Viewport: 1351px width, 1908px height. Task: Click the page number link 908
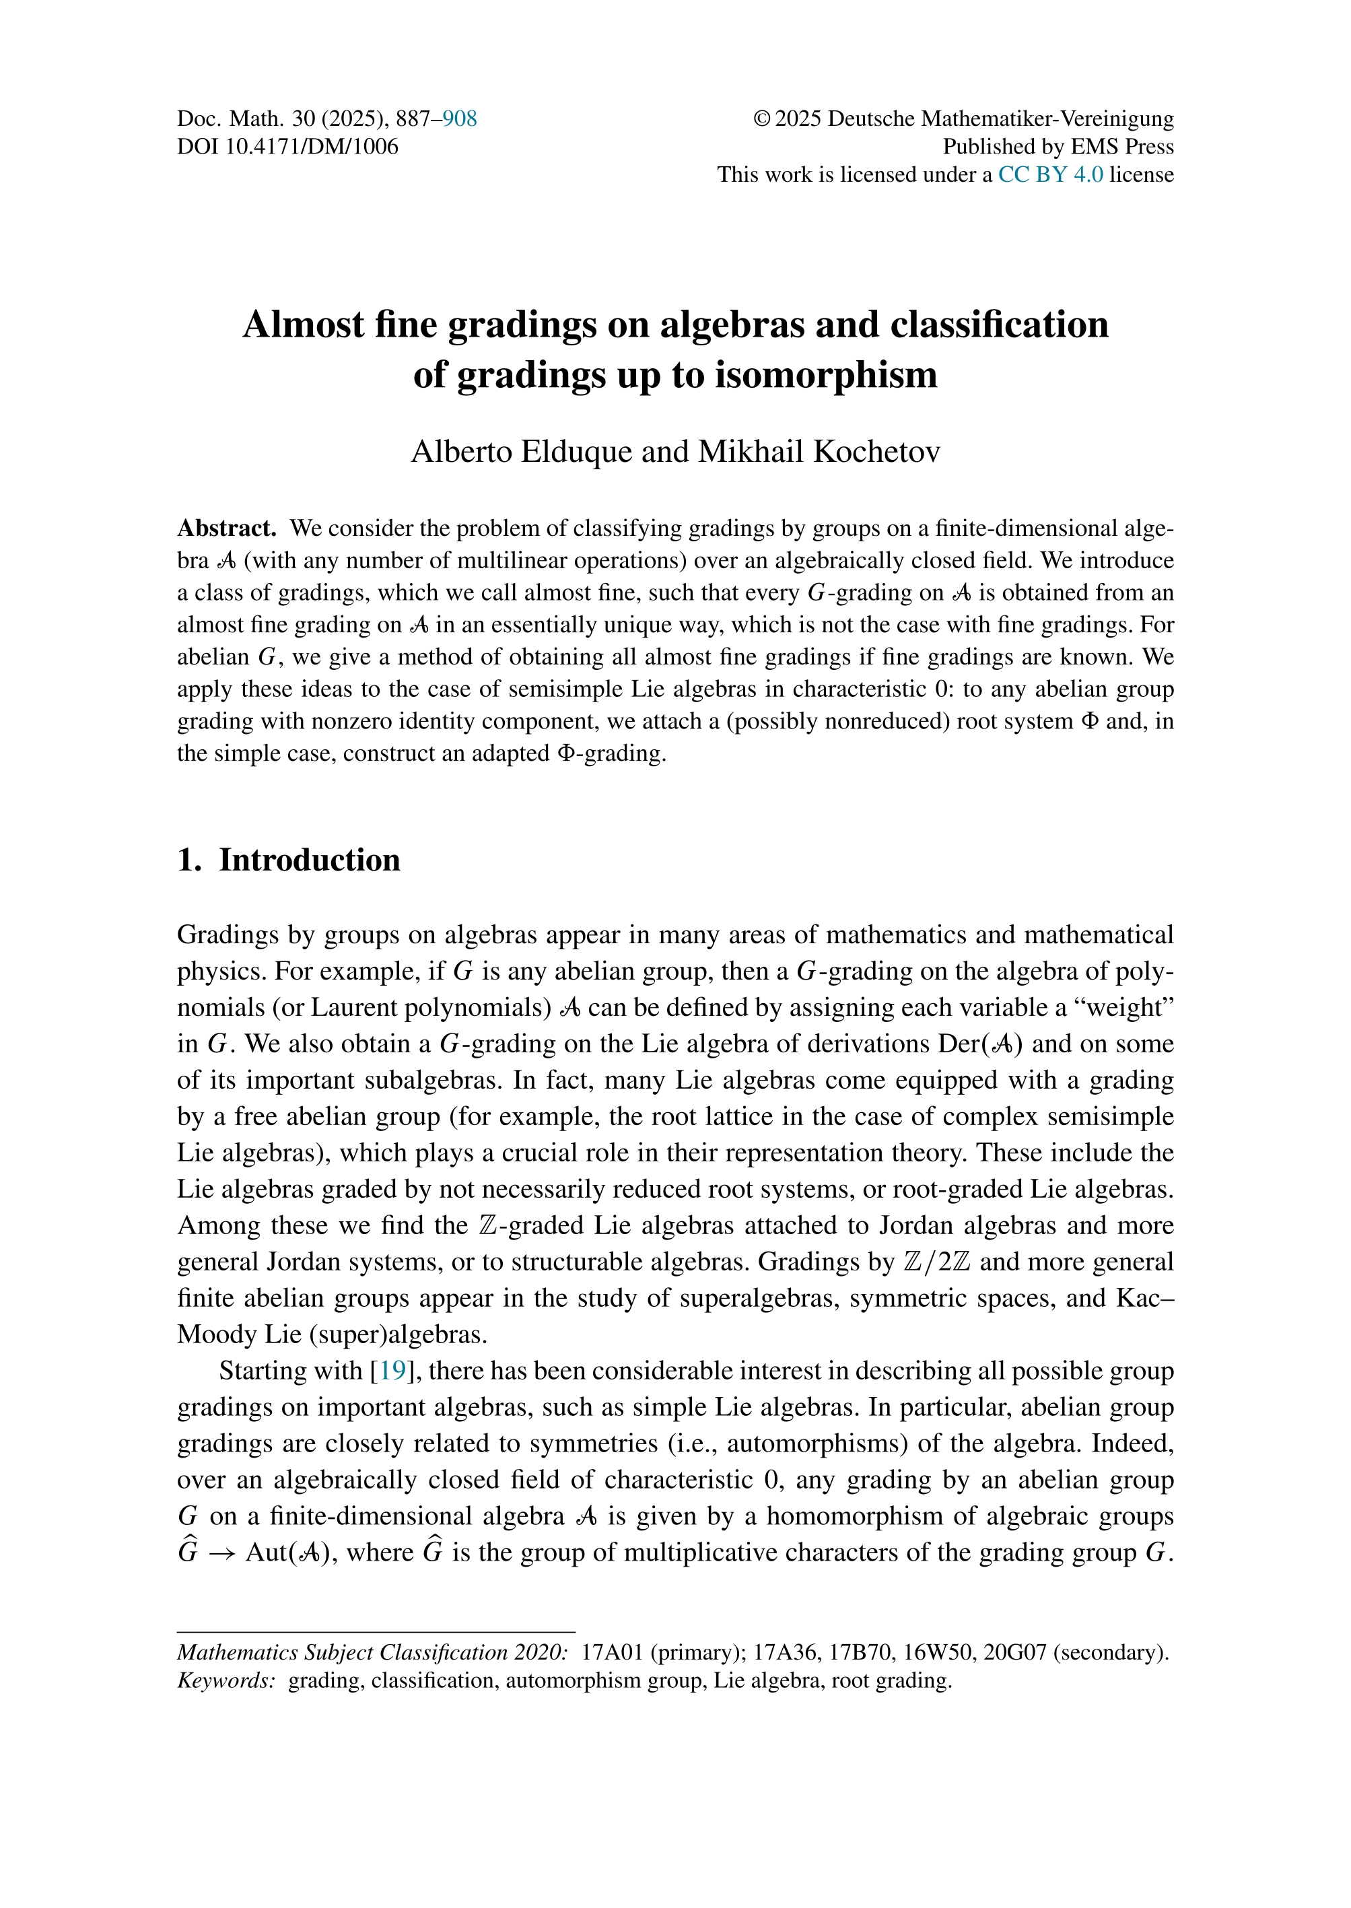click(x=459, y=119)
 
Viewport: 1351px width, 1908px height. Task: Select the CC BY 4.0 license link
click(x=1051, y=175)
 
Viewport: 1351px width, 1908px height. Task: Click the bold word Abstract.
click(x=226, y=529)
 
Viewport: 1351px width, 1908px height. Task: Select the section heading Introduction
click(x=310, y=860)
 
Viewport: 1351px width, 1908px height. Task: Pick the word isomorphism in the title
click(x=826, y=375)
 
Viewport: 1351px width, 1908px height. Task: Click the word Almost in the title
click(x=303, y=325)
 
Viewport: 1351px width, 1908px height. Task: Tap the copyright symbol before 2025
click(x=762, y=119)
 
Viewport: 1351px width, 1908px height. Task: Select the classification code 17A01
click(x=613, y=1653)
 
